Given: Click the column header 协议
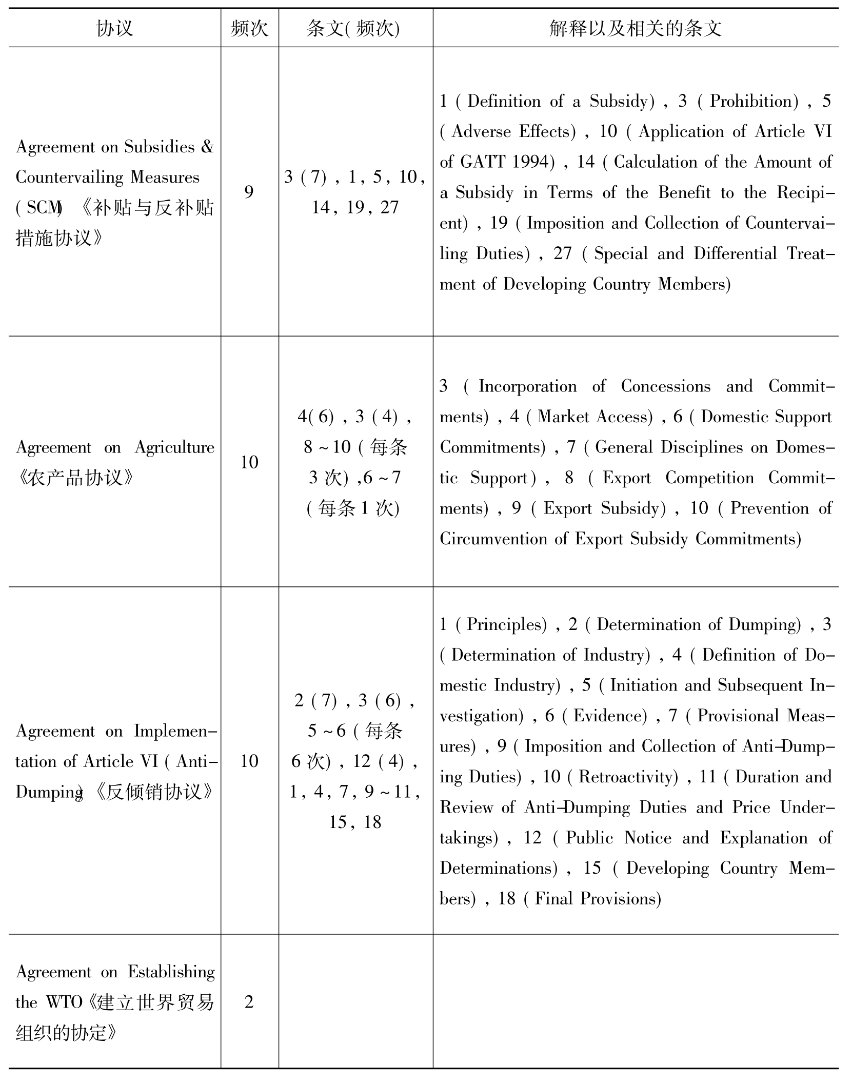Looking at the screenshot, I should pos(114,28).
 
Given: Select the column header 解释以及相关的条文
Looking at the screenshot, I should pos(635,28).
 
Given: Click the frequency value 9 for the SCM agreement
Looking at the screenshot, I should pos(249,192).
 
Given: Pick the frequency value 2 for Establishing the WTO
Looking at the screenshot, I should pos(249,1001).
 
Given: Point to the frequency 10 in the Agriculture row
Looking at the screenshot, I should pos(249,462).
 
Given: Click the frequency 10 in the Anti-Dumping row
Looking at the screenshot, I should pos(249,760).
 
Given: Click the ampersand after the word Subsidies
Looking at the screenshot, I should pos(207,147).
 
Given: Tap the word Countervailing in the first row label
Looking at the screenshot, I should pos(70,178).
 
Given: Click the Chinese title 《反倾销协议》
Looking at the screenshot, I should pos(154,792).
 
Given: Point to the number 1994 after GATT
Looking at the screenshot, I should pos(533,162).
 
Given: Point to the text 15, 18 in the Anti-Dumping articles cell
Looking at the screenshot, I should pos(355,822).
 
